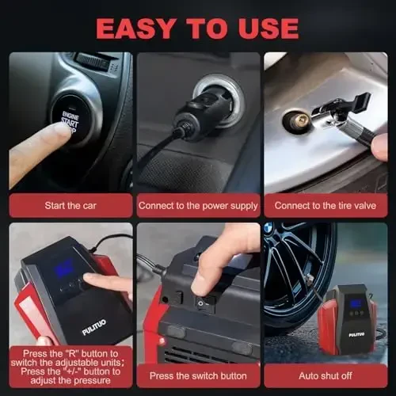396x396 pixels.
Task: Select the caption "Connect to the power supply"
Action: coord(198,205)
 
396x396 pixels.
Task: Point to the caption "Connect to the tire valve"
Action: coord(325,205)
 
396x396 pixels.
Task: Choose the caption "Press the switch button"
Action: coord(198,375)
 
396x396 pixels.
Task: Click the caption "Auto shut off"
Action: coord(325,375)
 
